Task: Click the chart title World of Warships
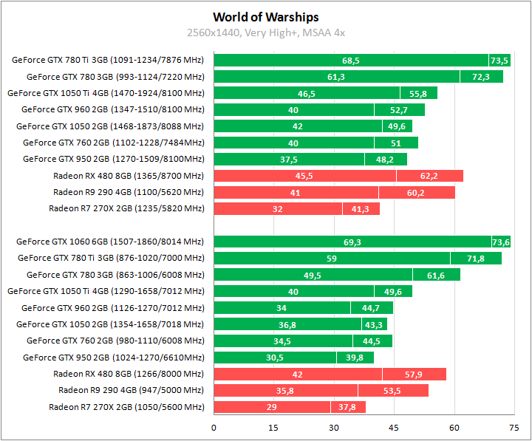pyautogui.click(x=266, y=17)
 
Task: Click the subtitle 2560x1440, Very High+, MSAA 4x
pyautogui.click(x=266, y=33)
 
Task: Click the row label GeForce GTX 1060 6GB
pyautogui.click(x=109, y=242)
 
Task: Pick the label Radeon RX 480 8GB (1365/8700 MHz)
pyautogui.click(x=128, y=176)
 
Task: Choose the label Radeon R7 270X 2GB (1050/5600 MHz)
pyautogui.click(x=126, y=407)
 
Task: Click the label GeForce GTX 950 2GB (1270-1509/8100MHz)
pyautogui.click(x=113, y=159)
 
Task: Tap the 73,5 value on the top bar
pyautogui.click(x=499, y=60)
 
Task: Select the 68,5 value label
pyautogui.click(x=351, y=60)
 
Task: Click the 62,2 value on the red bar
pyautogui.click(x=429, y=176)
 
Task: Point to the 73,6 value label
pyautogui.click(x=501, y=242)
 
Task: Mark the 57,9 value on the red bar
pyautogui.click(x=414, y=375)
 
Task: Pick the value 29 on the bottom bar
pyautogui.click(x=272, y=407)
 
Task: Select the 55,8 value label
pyautogui.click(x=418, y=93)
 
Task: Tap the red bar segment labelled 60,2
pyautogui.click(x=417, y=192)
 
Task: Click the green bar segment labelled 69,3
pyautogui.click(x=352, y=242)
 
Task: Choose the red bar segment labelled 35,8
pyautogui.click(x=285, y=391)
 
